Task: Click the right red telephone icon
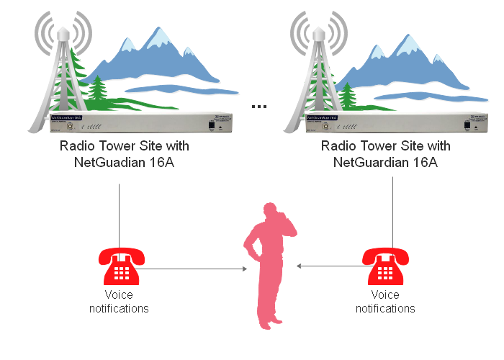385,266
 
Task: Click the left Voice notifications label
119,302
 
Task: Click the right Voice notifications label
385,302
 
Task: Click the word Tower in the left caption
109,146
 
